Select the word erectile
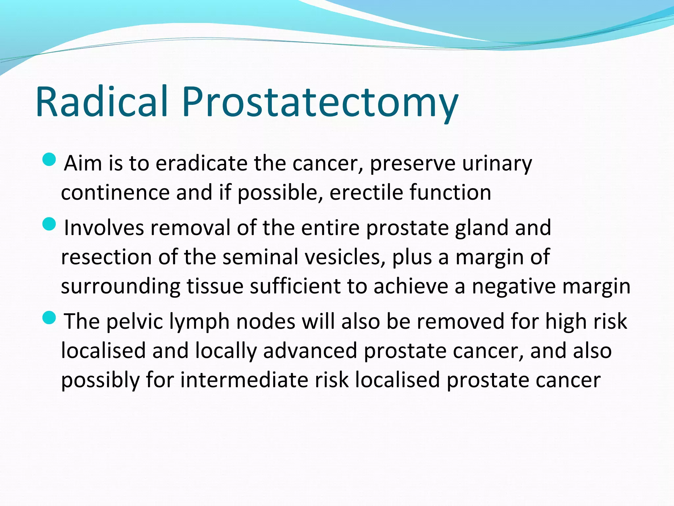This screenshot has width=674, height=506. [x=366, y=192]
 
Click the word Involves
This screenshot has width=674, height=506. [x=104, y=228]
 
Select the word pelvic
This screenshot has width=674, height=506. [x=134, y=322]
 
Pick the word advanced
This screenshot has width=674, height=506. [x=310, y=351]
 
